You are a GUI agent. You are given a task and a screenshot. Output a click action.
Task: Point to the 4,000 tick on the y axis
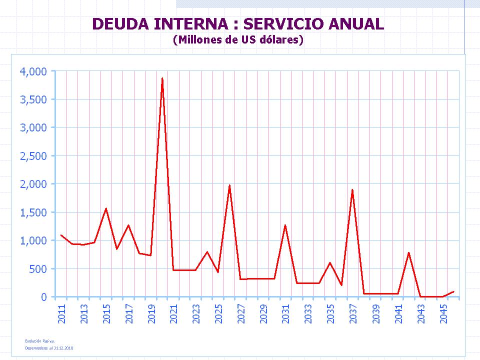point(33,71)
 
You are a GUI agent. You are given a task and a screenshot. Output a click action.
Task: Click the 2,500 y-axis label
point(33,156)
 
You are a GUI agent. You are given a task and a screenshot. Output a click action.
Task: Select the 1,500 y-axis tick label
point(33,212)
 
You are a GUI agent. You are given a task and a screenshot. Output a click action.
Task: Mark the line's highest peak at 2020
point(162,78)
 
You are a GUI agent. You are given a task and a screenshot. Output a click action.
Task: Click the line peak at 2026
point(229,185)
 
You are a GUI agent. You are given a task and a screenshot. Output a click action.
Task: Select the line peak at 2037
point(352,190)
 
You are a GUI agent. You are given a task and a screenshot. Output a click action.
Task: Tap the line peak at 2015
point(106,208)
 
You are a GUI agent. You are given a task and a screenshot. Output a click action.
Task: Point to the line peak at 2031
point(285,225)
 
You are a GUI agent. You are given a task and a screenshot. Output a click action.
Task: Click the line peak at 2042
point(408,252)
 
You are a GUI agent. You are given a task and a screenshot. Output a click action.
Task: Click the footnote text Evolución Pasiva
point(40,340)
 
